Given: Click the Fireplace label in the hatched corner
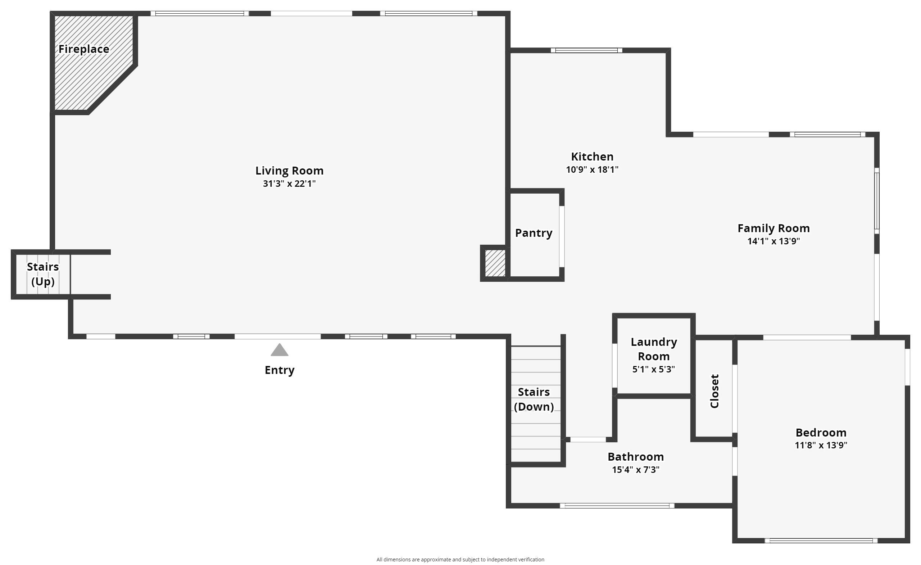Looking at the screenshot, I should point(84,49).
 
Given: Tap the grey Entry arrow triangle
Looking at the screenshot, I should point(279,351).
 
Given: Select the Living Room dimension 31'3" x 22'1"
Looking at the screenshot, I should point(289,184).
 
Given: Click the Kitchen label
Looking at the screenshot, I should point(592,156).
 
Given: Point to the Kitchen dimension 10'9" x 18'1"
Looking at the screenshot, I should point(592,169).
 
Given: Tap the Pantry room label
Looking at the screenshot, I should point(534,233).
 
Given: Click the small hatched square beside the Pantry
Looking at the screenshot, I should point(495,263).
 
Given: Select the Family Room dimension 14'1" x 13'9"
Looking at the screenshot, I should point(773,241).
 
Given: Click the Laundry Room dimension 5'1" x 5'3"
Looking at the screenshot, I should point(653,369).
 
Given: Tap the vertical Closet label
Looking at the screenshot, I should point(714,391).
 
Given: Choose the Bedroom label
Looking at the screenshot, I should point(821,432).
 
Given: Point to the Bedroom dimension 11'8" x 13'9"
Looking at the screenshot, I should point(821,445).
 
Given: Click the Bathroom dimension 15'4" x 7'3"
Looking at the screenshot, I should point(635,470).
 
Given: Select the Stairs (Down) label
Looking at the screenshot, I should point(534,399).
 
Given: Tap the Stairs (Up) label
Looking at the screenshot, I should point(42,274).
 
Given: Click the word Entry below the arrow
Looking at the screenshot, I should point(279,370).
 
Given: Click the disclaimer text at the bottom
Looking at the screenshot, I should point(460,559).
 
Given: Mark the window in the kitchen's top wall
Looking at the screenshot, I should point(586,50).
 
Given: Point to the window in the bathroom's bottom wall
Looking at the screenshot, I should point(617,506).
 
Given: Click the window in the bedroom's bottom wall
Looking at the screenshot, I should point(821,540).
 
